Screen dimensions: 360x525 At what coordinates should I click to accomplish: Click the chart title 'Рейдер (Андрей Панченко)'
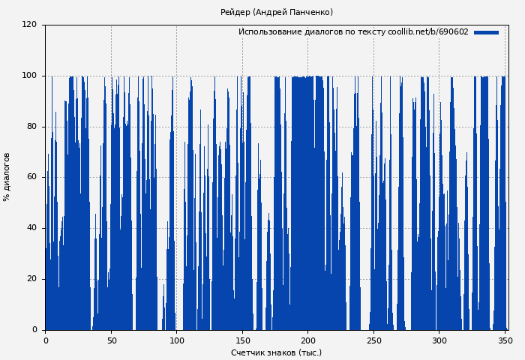pos(277,13)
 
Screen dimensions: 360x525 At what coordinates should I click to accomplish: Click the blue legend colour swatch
pos(486,32)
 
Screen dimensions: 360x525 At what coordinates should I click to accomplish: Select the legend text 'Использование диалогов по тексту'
pos(311,32)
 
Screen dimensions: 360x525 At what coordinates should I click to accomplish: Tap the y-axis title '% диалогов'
pos(7,177)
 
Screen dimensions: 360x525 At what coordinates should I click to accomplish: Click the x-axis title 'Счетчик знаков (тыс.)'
pos(276,353)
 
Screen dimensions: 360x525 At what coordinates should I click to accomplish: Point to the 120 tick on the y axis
pos(29,25)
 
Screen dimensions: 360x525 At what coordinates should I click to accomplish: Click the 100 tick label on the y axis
pos(29,76)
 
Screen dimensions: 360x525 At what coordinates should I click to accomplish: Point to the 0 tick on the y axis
pos(34,330)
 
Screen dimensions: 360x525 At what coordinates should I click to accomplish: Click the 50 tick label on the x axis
pos(111,340)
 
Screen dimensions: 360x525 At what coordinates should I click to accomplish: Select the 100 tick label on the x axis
pos(176,340)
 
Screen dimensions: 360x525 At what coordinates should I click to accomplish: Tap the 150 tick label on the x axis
pos(242,340)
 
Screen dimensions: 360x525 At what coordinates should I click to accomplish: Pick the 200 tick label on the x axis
pos(307,340)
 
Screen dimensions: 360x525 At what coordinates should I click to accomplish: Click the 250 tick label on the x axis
pos(373,340)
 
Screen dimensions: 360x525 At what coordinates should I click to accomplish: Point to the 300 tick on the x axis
pos(439,340)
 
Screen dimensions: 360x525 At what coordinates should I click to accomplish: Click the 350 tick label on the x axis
pos(505,340)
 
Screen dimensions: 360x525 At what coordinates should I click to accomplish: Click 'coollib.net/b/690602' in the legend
pos(428,32)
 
